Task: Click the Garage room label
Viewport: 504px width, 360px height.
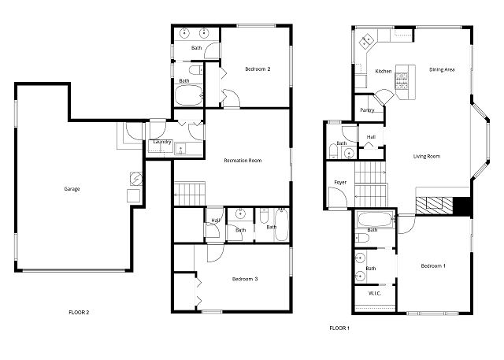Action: (72, 189)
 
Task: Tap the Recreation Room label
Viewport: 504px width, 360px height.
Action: (243, 161)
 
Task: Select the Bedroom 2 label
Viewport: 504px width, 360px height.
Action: (258, 69)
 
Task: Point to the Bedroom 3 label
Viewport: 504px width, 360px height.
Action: (245, 279)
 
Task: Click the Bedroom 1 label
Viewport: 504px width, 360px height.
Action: (433, 265)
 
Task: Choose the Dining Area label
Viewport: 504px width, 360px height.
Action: (442, 69)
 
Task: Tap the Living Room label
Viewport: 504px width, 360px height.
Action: (427, 157)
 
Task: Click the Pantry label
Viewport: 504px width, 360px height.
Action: (367, 110)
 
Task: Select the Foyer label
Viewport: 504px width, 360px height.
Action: (340, 183)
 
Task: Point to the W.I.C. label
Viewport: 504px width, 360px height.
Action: (375, 293)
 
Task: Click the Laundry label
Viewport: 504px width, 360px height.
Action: (162, 142)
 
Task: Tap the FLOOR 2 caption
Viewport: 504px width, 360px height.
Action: (79, 313)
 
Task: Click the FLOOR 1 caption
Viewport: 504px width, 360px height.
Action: (339, 328)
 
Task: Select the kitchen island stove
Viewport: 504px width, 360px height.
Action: (402, 80)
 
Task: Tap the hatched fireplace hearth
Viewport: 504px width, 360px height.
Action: (434, 206)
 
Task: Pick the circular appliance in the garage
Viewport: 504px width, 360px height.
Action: (136, 179)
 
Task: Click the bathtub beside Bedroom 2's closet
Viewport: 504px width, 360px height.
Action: (189, 95)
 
